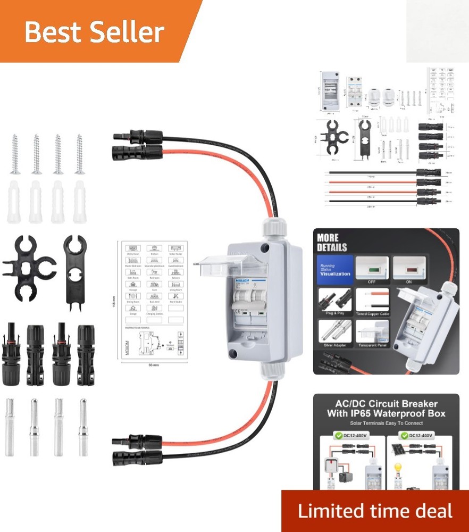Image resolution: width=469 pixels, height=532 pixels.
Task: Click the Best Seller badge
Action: (94, 32)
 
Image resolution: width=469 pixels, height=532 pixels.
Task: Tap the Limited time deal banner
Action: (375, 511)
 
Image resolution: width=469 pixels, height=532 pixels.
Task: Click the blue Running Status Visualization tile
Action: (335, 270)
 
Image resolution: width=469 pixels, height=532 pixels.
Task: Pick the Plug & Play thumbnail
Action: (335, 304)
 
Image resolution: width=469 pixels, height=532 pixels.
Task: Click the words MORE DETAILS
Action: (332, 243)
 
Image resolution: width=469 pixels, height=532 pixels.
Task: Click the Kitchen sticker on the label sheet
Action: (154, 250)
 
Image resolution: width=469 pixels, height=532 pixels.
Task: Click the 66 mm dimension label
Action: (154, 366)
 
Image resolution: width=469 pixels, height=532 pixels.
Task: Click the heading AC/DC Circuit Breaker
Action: (386, 404)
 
